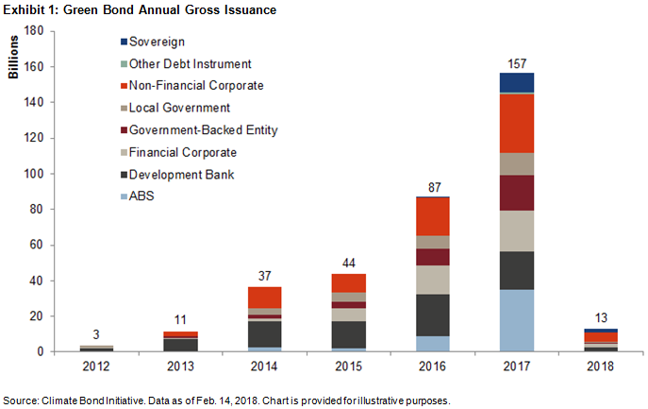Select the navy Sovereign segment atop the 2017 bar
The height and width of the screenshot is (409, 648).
coord(515,82)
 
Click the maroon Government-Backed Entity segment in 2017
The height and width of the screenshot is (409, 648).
coord(515,193)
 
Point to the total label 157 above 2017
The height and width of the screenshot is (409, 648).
coord(515,63)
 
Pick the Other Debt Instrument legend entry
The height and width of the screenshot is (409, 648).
coord(184,64)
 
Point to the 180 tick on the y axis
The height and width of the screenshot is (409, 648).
coord(34,30)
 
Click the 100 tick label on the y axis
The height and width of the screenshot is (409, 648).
coord(34,174)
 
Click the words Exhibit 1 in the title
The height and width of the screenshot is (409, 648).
coord(29,9)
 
